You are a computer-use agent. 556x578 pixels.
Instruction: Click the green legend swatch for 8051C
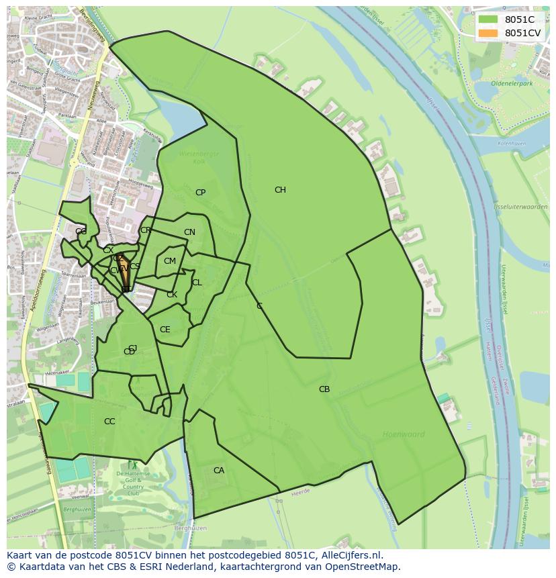click(488, 19)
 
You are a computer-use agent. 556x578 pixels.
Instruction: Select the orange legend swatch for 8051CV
click(488, 33)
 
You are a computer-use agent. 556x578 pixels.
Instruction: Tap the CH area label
click(280, 190)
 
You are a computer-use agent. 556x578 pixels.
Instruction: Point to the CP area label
click(200, 193)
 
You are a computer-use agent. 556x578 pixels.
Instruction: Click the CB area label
click(324, 389)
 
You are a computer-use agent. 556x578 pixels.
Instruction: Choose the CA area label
click(219, 471)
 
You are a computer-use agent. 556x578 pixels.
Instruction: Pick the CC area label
click(109, 422)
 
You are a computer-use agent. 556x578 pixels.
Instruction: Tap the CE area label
click(165, 330)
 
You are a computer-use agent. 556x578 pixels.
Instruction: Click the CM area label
click(170, 261)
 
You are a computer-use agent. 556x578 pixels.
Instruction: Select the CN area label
click(189, 233)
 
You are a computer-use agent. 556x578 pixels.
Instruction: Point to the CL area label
click(197, 283)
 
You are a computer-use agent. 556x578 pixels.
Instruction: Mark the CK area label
click(172, 295)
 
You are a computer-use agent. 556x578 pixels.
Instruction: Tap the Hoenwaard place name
click(404, 434)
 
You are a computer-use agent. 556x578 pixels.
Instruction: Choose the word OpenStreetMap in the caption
click(363, 567)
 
